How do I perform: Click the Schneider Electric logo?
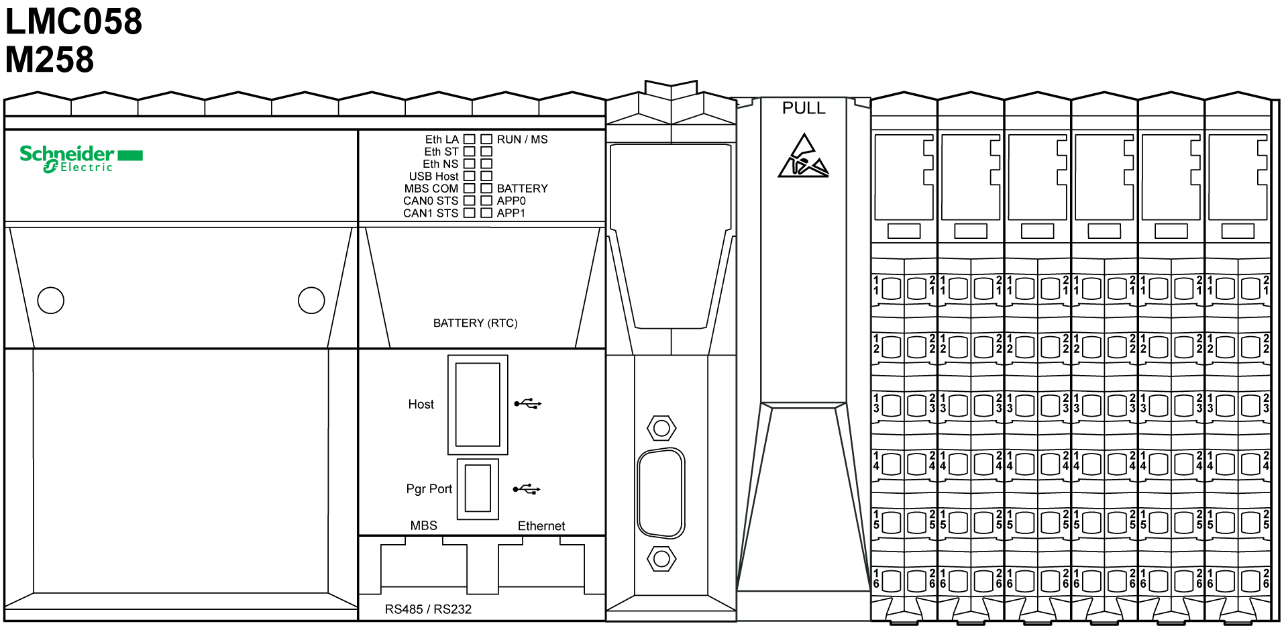coord(81,159)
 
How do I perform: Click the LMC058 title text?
coord(74,21)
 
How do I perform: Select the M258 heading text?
coord(50,59)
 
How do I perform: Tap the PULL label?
coord(804,108)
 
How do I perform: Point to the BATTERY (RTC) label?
coord(475,323)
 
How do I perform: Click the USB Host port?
coord(478,405)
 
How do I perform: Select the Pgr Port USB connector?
coord(478,489)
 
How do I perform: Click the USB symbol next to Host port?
coord(528,404)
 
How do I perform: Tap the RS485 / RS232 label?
coord(428,609)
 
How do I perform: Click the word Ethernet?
coord(541,526)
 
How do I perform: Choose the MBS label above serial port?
coord(423,525)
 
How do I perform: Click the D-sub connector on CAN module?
coord(661,493)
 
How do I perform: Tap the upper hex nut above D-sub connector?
coord(661,427)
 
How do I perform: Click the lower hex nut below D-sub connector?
coord(661,558)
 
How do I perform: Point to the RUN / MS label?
coord(522,140)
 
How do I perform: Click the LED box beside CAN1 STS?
coord(470,213)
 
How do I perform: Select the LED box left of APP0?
coord(486,201)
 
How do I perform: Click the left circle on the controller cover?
coord(51,301)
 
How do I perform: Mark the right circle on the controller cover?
coord(311,301)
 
